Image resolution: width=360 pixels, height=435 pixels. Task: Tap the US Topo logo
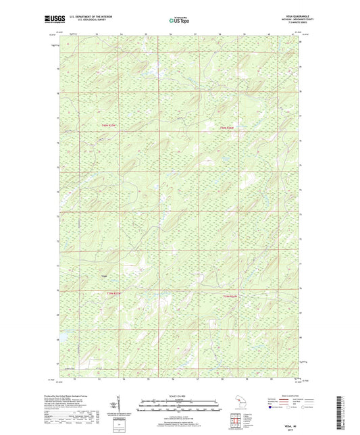click(x=179, y=22)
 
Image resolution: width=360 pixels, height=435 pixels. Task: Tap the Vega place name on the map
click(x=104, y=276)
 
